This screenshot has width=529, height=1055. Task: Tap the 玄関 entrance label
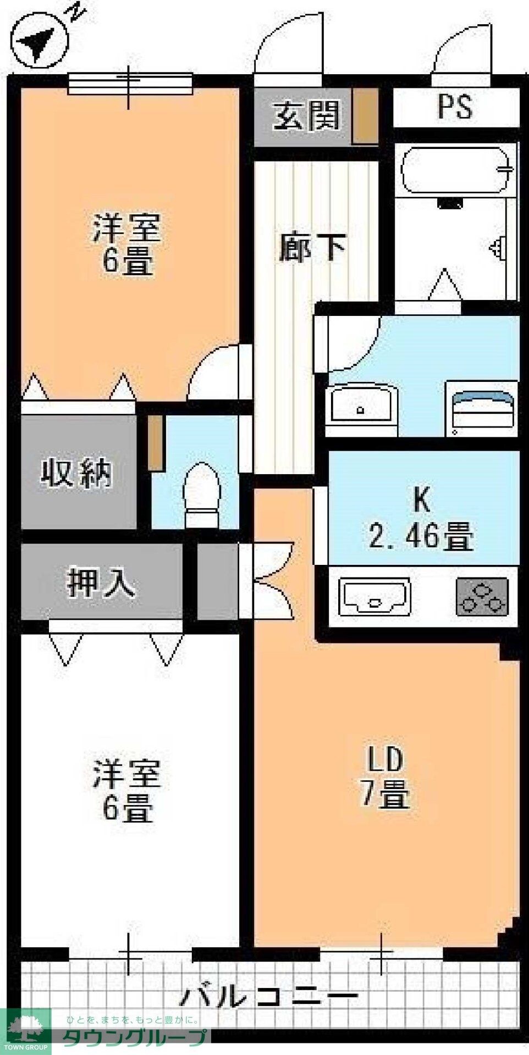[x=307, y=116]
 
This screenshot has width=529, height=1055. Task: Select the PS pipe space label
[x=455, y=106]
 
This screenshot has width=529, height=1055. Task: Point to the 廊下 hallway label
[x=312, y=247]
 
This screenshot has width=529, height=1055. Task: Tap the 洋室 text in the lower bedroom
[x=126, y=774]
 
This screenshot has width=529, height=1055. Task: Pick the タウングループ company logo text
[x=135, y=1037]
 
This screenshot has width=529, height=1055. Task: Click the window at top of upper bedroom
[x=131, y=84]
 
